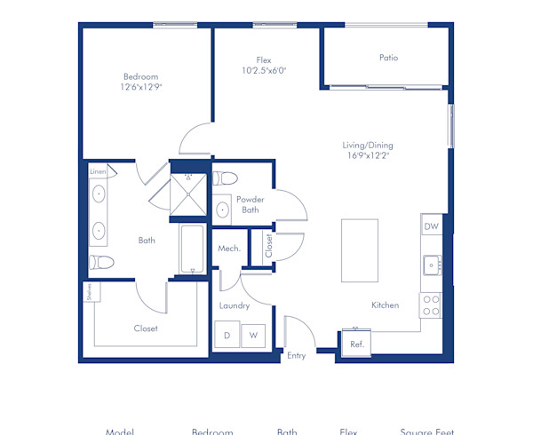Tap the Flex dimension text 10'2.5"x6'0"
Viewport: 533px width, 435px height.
pyautogui.click(x=264, y=70)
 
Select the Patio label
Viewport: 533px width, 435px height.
pyautogui.click(x=388, y=58)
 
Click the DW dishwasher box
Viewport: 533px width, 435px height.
pyautogui.click(x=431, y=227)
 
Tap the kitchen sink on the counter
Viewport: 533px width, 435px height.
pyautogui.click(x=432, y=264)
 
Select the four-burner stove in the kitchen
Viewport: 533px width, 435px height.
pyautogui.click(x=431, y=305)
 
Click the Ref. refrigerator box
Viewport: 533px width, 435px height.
pyautogui.click(x=356, y=343)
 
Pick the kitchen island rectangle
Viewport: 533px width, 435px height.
pyautogui.click(x=360, y=250)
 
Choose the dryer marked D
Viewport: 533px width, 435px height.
pyautogui.click(x=227, y=336)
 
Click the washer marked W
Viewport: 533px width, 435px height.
pyautogui.click(x=253, y=336)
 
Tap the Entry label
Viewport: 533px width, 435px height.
pyautogui.click(x=296, y=356)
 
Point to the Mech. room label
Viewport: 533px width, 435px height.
pyautogui.click(x=228, y=249)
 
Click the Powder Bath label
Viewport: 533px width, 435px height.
pyautogui.click(x=251, y=204)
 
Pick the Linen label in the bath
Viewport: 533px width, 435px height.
pyautogui.click(x=98, y=170)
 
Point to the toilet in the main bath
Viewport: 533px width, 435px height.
pyautogui.click(x=100, y=263)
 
